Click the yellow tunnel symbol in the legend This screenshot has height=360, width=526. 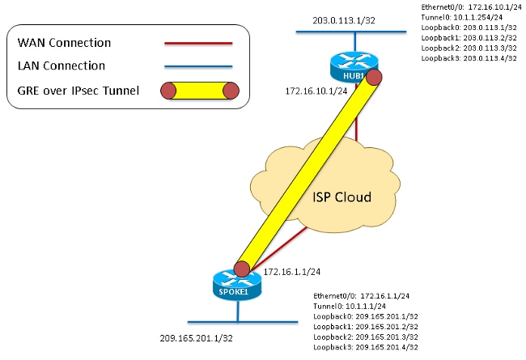tap(197, 91)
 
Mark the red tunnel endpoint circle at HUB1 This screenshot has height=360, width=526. tap(374, 77)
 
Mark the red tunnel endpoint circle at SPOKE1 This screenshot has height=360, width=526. tap(240, 268)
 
